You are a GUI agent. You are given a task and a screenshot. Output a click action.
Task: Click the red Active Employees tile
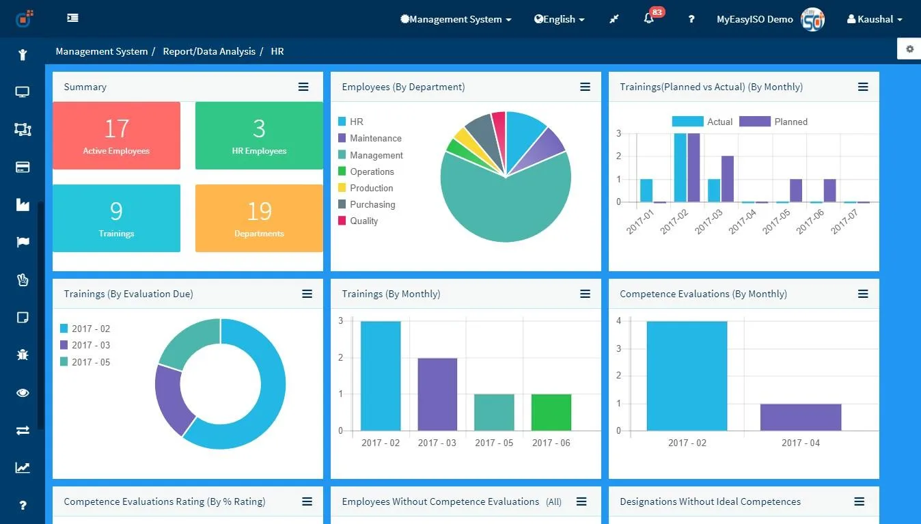(x=116, y=135)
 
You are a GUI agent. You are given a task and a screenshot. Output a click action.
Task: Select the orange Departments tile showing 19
(x=259, y=218)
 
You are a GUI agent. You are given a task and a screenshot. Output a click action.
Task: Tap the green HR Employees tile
(x=259, y=135)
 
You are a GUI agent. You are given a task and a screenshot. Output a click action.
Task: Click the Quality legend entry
(x=358, y=221)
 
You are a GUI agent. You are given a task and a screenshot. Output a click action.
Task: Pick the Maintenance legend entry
(x=370, y=138)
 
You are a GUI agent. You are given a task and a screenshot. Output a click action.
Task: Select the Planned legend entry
(x=773, y=122)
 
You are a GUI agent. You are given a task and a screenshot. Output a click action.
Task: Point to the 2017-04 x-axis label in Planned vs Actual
(x=742, y=221)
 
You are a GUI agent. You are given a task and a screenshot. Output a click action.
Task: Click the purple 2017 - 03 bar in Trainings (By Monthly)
(x=437, y=394)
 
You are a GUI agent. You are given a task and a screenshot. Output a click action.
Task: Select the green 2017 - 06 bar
(x=551, y=412)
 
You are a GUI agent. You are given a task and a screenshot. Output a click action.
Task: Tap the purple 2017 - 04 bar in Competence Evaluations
(x=801, y=417)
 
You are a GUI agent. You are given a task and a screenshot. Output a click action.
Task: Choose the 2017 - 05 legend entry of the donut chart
(x=85, y=362)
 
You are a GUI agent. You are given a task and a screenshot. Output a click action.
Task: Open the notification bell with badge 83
(x=649, y=18)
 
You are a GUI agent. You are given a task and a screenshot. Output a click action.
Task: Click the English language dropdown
(x=559, y=19)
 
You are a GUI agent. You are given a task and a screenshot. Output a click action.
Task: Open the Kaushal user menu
(x=875, y=19)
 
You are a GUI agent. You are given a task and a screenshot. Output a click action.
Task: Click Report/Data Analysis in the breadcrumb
(x=209, y=51)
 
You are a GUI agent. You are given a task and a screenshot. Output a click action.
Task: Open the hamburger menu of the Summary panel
(x=303, y=87)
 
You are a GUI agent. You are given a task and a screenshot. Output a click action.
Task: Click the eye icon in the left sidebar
(x=23, y=393)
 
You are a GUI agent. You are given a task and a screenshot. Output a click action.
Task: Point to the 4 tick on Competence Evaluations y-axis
(x=619, y=320)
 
